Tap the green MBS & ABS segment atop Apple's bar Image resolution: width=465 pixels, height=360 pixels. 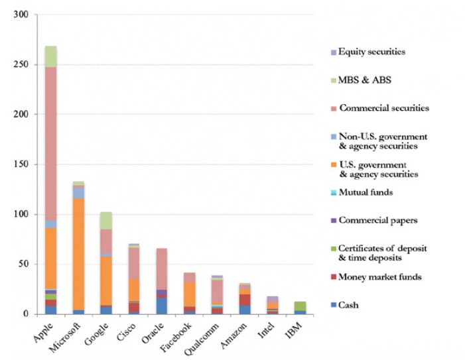click(x=51, y=56)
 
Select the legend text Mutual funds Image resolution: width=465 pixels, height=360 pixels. click(x=368, y=192)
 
